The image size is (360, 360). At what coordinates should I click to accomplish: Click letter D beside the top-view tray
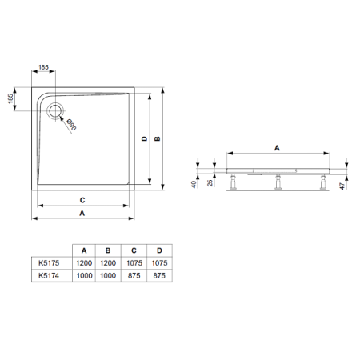(x=143, y=138)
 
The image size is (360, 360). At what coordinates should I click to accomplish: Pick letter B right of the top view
(x=158, y=138)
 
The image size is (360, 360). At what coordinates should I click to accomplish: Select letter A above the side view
(x=278, y=147)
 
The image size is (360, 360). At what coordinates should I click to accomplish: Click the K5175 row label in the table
(x=49, y=261)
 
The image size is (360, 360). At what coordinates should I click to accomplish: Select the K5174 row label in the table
(x=49, y=274)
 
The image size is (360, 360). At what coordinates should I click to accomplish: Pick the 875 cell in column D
(x=160, y=274)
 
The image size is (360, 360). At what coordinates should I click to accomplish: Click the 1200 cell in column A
(x=83, y=261)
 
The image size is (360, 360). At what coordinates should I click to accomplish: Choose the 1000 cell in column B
(x=108, y=274)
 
